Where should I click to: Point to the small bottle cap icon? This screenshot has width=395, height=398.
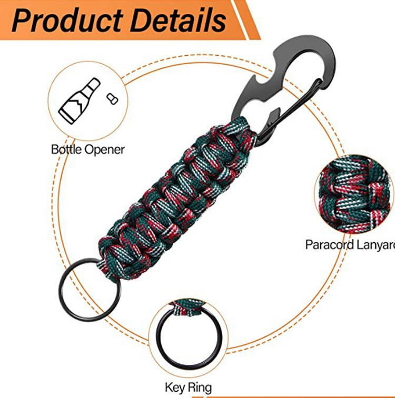pos(111,98)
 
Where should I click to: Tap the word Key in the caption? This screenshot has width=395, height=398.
pos(174,388)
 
